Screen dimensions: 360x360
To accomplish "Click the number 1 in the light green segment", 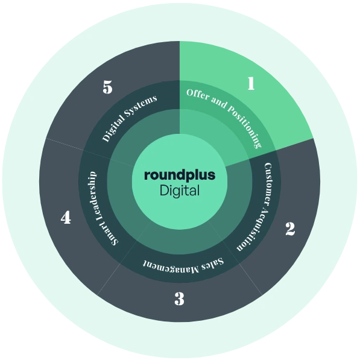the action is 251,83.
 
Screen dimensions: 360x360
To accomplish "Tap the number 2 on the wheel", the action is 291,229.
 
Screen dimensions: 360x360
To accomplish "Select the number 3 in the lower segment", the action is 179,298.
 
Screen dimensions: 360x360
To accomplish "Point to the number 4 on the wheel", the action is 66,218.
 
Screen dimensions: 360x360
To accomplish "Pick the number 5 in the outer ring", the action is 107,87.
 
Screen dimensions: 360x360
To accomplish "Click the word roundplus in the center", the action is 180,175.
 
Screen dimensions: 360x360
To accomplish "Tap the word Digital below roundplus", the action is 180,191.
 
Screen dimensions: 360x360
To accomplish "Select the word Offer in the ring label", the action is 197,95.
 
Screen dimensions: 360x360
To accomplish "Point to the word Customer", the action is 268,181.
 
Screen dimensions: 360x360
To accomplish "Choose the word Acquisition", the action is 256,230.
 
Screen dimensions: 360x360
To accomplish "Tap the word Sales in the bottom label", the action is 213,264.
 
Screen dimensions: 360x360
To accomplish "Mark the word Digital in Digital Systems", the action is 113,130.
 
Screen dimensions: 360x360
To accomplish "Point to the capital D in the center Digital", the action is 164,191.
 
